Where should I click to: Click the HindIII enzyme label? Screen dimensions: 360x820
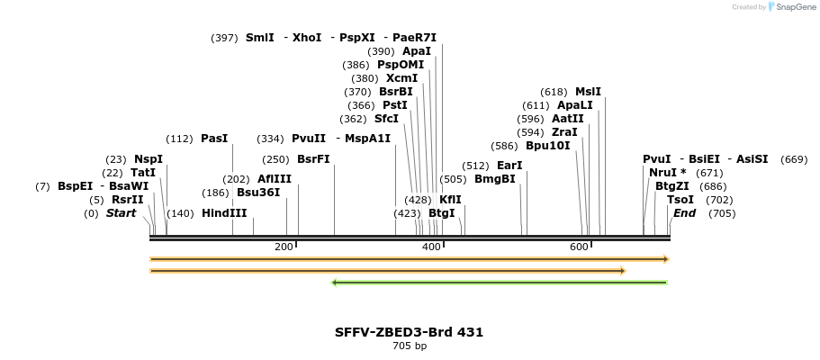point(223,213)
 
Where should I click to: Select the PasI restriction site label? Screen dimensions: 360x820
point(214,139)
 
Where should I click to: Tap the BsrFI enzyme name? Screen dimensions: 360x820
point(313,159)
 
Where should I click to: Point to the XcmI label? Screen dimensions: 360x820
point(401,78)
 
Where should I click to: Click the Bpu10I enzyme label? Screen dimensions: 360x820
point(547,146)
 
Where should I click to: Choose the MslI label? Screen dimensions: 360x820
point(588,92)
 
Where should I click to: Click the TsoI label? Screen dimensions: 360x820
point(680,200)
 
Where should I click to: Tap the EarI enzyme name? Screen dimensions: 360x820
point(509,166)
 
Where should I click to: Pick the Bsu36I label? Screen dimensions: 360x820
point(258,193)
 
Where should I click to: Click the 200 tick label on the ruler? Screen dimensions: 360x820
point(284,247)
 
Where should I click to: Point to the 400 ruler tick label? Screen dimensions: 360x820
point(431,247)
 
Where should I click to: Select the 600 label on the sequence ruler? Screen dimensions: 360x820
point(579,247)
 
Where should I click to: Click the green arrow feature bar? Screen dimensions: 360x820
point(500,283)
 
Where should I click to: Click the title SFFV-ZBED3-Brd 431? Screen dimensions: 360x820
point(409,332)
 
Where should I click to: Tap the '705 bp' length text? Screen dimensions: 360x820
point(410,346)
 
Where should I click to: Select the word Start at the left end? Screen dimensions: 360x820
point(121,213)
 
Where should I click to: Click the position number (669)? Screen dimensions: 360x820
point(794,159)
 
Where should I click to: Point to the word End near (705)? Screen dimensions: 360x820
point(684,213)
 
